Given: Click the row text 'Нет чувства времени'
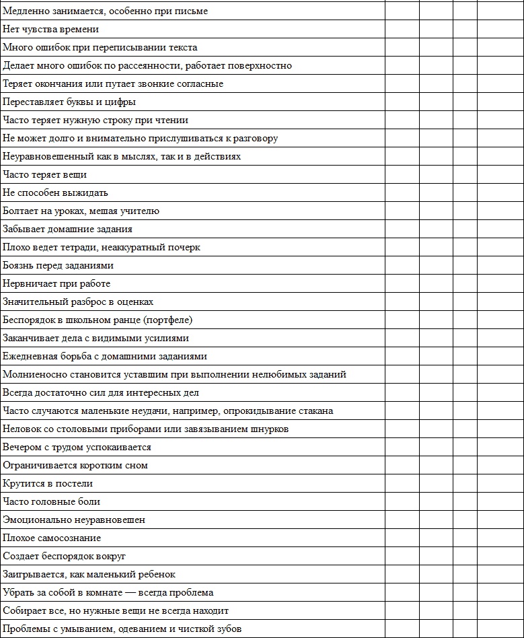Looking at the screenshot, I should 50,30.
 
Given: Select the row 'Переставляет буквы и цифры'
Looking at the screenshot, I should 69,102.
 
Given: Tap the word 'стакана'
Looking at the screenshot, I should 316,411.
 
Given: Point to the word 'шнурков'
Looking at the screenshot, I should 269,429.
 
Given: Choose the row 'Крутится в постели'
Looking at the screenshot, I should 48,484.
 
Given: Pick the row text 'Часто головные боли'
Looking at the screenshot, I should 52,502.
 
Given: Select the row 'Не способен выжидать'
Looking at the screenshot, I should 55,193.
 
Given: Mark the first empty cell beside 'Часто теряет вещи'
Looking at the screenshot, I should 402,175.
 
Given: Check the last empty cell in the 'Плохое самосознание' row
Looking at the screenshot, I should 500,538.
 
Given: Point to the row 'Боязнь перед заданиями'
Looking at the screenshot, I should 59,266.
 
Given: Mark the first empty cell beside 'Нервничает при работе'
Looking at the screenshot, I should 402,284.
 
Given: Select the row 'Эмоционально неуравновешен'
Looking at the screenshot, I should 74,520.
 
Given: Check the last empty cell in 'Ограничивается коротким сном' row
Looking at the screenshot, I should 500,466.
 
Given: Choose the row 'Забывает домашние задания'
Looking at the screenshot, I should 67,229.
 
